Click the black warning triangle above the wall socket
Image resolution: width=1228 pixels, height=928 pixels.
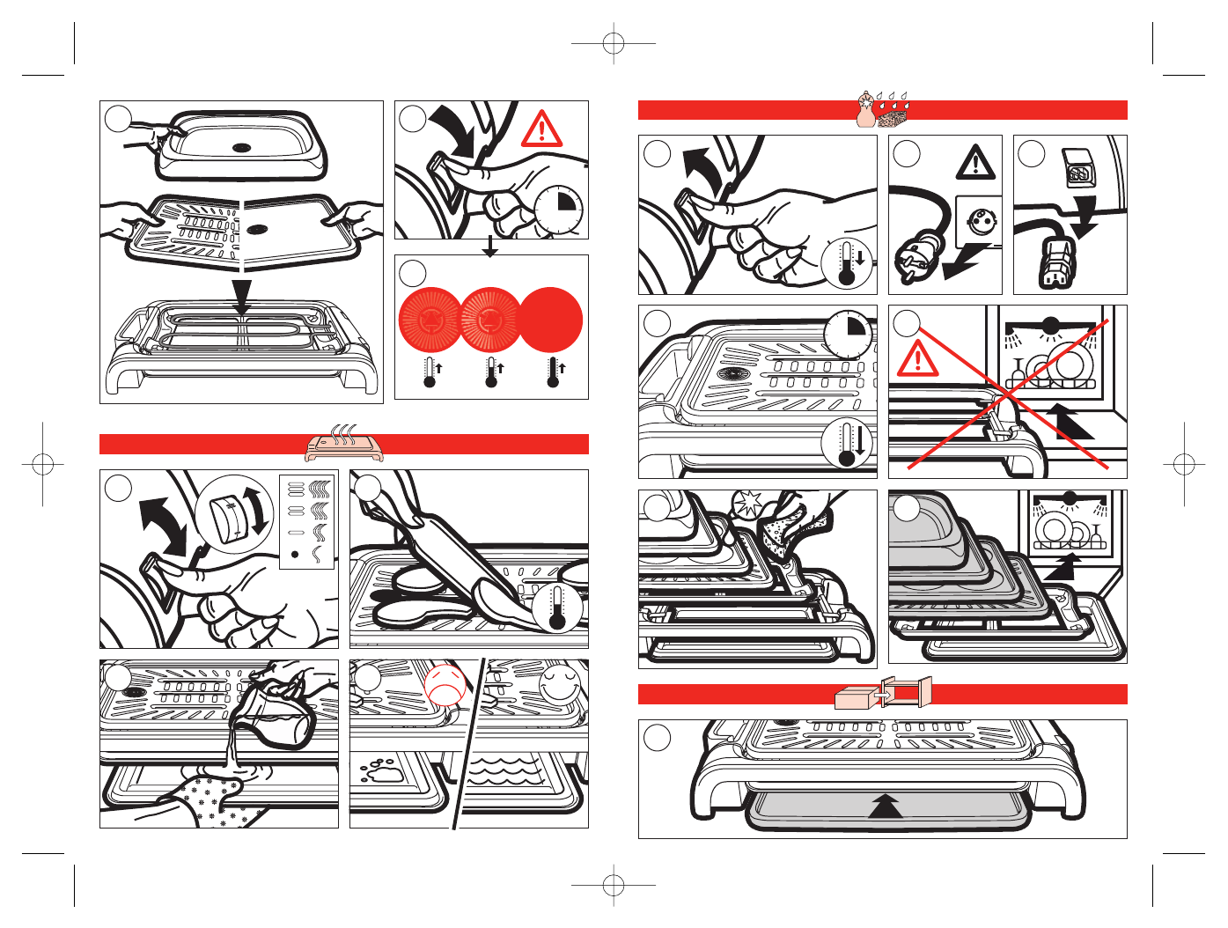[x=976, y=163]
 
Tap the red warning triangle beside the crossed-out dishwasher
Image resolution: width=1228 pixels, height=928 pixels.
[x=918, y=357]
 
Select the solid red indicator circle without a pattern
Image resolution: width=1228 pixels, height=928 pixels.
[x=550, y=319]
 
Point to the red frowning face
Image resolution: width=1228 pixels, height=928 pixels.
[x=444, y=683]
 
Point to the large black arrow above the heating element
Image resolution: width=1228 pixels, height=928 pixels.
[x=241, y=298]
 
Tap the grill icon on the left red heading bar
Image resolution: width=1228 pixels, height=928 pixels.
[x=344, y=444]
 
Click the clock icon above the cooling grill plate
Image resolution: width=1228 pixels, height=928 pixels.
[x=848, y=334]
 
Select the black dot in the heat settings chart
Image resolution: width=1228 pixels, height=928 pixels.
[x=295, y=555]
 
